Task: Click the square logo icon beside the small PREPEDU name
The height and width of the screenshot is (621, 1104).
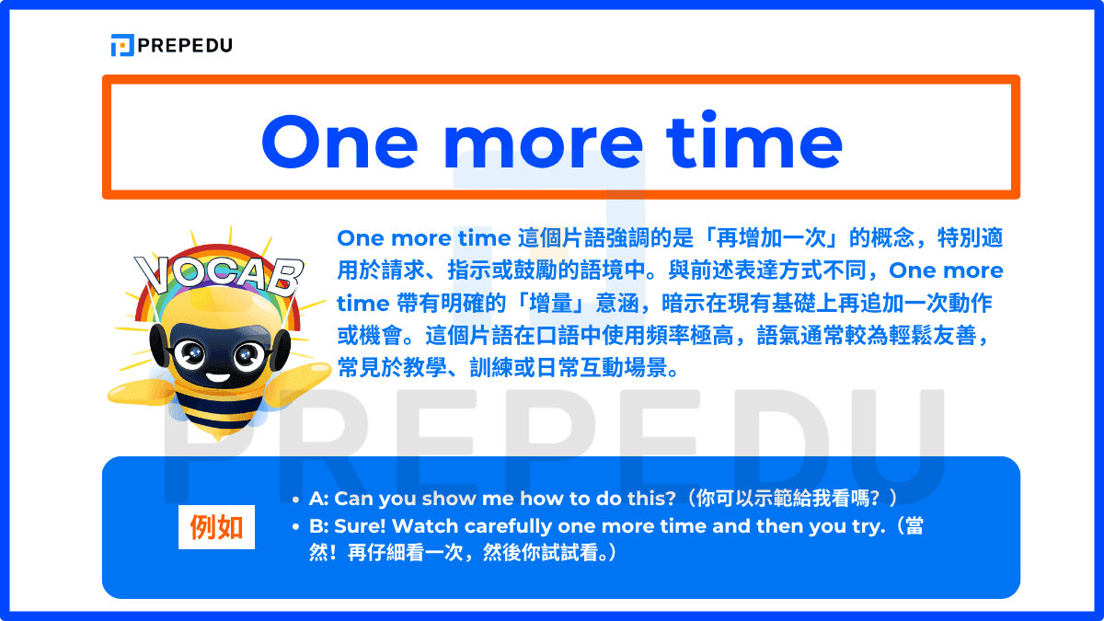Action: click(x=121, y=44)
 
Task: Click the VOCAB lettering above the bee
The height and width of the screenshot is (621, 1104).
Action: click(x=219, y=272)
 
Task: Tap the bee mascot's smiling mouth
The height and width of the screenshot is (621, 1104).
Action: click(x=219, y=374)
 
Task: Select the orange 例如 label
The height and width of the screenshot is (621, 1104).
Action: click(x=216, y=527)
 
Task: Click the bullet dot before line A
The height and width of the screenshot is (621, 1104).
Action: click(x=295, y=500)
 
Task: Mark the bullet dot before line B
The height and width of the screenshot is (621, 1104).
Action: click(x=295, y=528)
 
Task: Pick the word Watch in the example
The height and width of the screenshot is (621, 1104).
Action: click(x=428, y=527)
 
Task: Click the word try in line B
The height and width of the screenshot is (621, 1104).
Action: click(x=877, y=527)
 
